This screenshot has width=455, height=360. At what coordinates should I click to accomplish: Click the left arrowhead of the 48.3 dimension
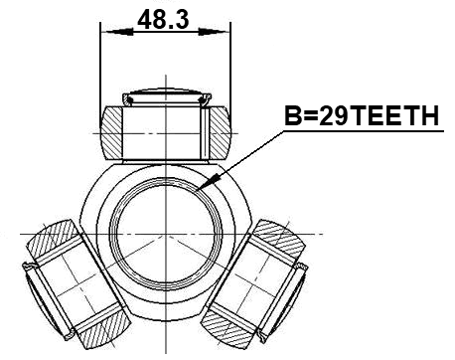pos(106,32)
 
